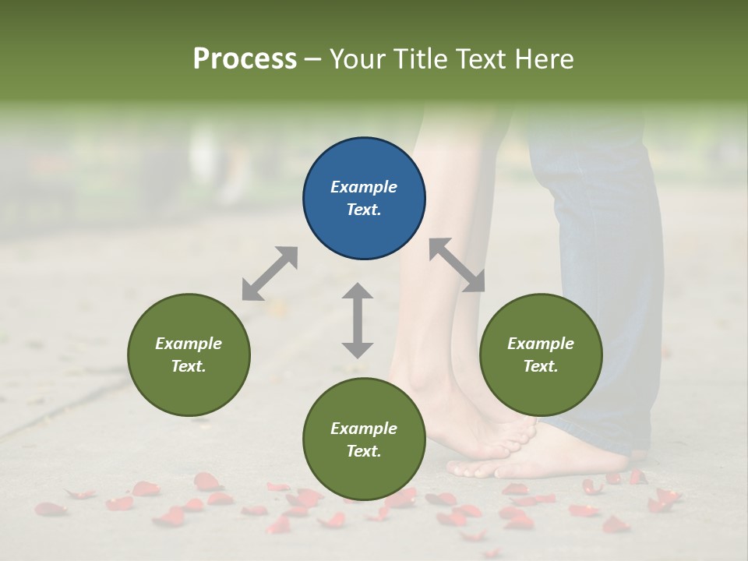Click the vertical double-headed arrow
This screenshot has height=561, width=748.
pyautogui.click(x=358, y=320)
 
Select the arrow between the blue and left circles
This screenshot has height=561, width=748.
pyautogui.click(x=270, y=273)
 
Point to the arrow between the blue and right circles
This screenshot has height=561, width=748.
pyautogui.click(x=457, y=265)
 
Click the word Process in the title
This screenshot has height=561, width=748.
pyautogui.click(x=245, y=58)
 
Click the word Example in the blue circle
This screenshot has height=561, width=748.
pyautogui.click(x=364, y=187)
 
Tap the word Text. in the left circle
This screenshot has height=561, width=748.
pyautogui.click(x=189, y=366)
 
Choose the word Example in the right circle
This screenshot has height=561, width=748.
pyautogui.click(x=540, y=344)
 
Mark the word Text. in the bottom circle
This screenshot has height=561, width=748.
pyautogui.click(x=364, y=451)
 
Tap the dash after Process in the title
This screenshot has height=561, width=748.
pyautogui.click(x=313, y=59)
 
